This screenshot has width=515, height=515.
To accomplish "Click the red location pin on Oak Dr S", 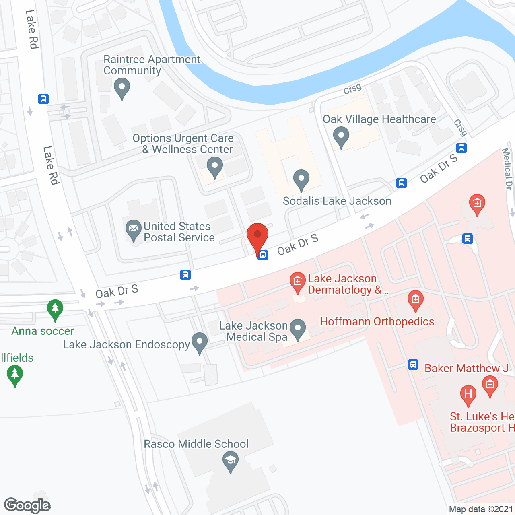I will coord(257,235).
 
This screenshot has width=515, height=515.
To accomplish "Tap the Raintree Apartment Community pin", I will coord(122,87).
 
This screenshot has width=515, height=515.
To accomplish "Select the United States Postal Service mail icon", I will coord(133,230).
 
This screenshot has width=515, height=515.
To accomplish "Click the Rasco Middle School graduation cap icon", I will coord(231,460).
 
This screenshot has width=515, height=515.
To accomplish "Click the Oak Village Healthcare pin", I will coord(341,136).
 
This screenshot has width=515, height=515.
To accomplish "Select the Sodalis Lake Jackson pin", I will coord(301,179).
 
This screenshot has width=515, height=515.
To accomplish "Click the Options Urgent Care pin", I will coord(214,166).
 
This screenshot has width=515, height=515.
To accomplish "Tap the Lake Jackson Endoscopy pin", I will coord(200,342).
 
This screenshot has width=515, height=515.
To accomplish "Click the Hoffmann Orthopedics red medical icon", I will coord(415,299).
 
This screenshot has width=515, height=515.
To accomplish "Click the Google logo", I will coord(27,505).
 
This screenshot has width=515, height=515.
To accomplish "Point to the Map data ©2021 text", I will coord(481,509).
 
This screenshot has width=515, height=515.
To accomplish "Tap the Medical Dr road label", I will coord(507,169).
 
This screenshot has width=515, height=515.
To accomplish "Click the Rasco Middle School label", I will coord(196,444).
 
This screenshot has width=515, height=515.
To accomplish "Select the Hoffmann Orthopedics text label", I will coord(377,321).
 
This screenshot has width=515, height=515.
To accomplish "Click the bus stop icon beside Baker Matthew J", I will coord(413,364).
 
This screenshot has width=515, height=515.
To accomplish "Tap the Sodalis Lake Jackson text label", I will coord(337,201).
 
